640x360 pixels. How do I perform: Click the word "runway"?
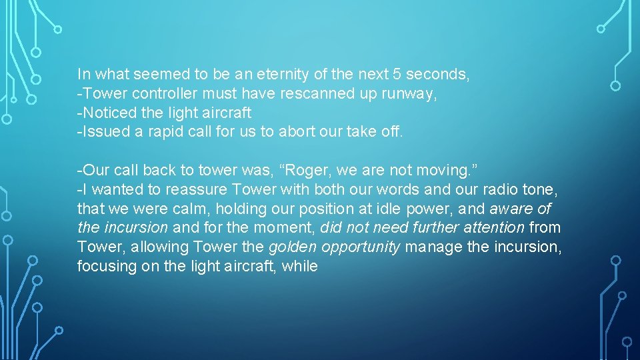click(409, 94)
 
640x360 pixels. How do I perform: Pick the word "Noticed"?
click(105, 113)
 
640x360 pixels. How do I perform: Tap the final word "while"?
click(300, 267)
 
